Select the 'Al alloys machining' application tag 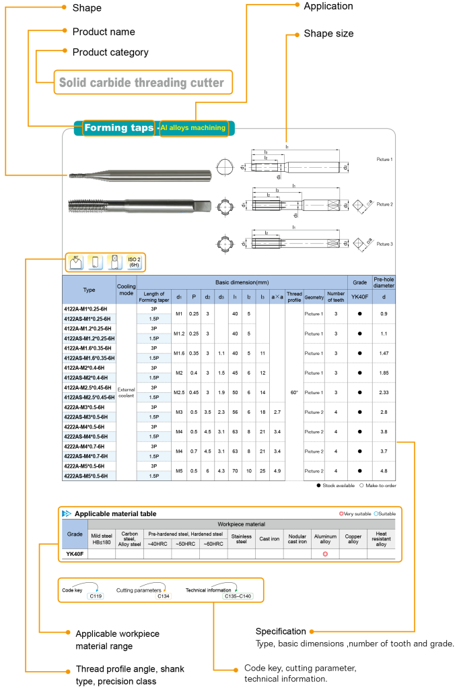tap(193, 127)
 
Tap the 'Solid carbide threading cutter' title tap(141, 83)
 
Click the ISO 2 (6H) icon tap(135, 262)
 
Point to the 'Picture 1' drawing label tap(384, 160)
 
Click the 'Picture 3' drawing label tap(384, 243)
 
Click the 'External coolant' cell tap(127, 392)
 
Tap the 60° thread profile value tap(294, 392)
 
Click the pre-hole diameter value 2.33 tap(384, 392)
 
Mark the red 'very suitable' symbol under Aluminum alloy tap(325, 554)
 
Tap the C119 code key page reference tap(96, 596)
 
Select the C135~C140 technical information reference tap(237, 596)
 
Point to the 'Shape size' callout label tap(328, 33)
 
